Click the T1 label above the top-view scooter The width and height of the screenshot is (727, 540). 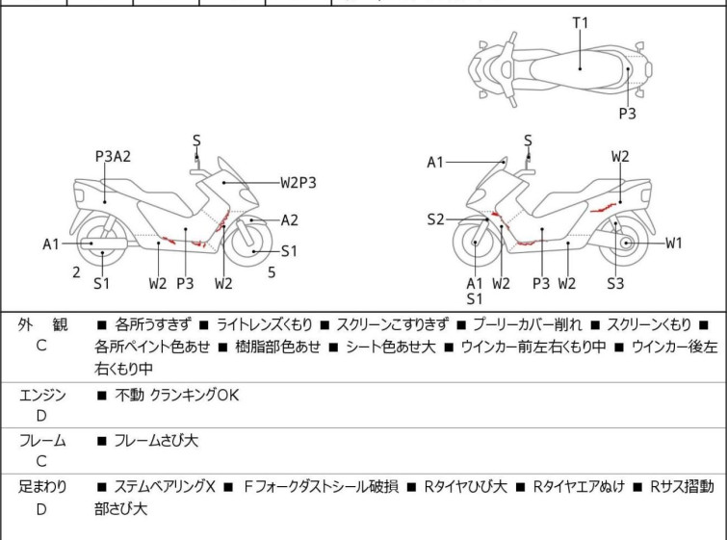580,23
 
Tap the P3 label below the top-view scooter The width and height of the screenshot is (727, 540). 627,113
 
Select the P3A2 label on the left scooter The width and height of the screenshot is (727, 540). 113,156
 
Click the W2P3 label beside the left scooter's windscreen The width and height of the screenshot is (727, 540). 299,183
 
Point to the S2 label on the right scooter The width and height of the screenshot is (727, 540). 435,219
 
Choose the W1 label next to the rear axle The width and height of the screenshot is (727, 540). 674,243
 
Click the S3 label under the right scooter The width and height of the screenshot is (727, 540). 615,283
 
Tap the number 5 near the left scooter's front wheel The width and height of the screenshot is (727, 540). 272,272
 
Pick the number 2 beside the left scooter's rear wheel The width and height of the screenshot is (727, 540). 76,272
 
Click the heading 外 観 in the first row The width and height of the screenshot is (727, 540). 42,324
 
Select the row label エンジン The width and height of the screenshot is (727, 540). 42,395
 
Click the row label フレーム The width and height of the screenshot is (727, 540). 42,440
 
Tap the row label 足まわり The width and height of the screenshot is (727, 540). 42,487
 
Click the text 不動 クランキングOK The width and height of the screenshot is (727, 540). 176,395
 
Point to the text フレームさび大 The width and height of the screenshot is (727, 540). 156,440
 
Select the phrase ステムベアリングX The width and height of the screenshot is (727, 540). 165,487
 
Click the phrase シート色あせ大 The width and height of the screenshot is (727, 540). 391,347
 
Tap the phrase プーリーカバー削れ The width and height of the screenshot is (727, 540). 527,324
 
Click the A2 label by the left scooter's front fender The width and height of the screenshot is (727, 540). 289,219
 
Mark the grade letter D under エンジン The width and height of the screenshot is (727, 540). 41,416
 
